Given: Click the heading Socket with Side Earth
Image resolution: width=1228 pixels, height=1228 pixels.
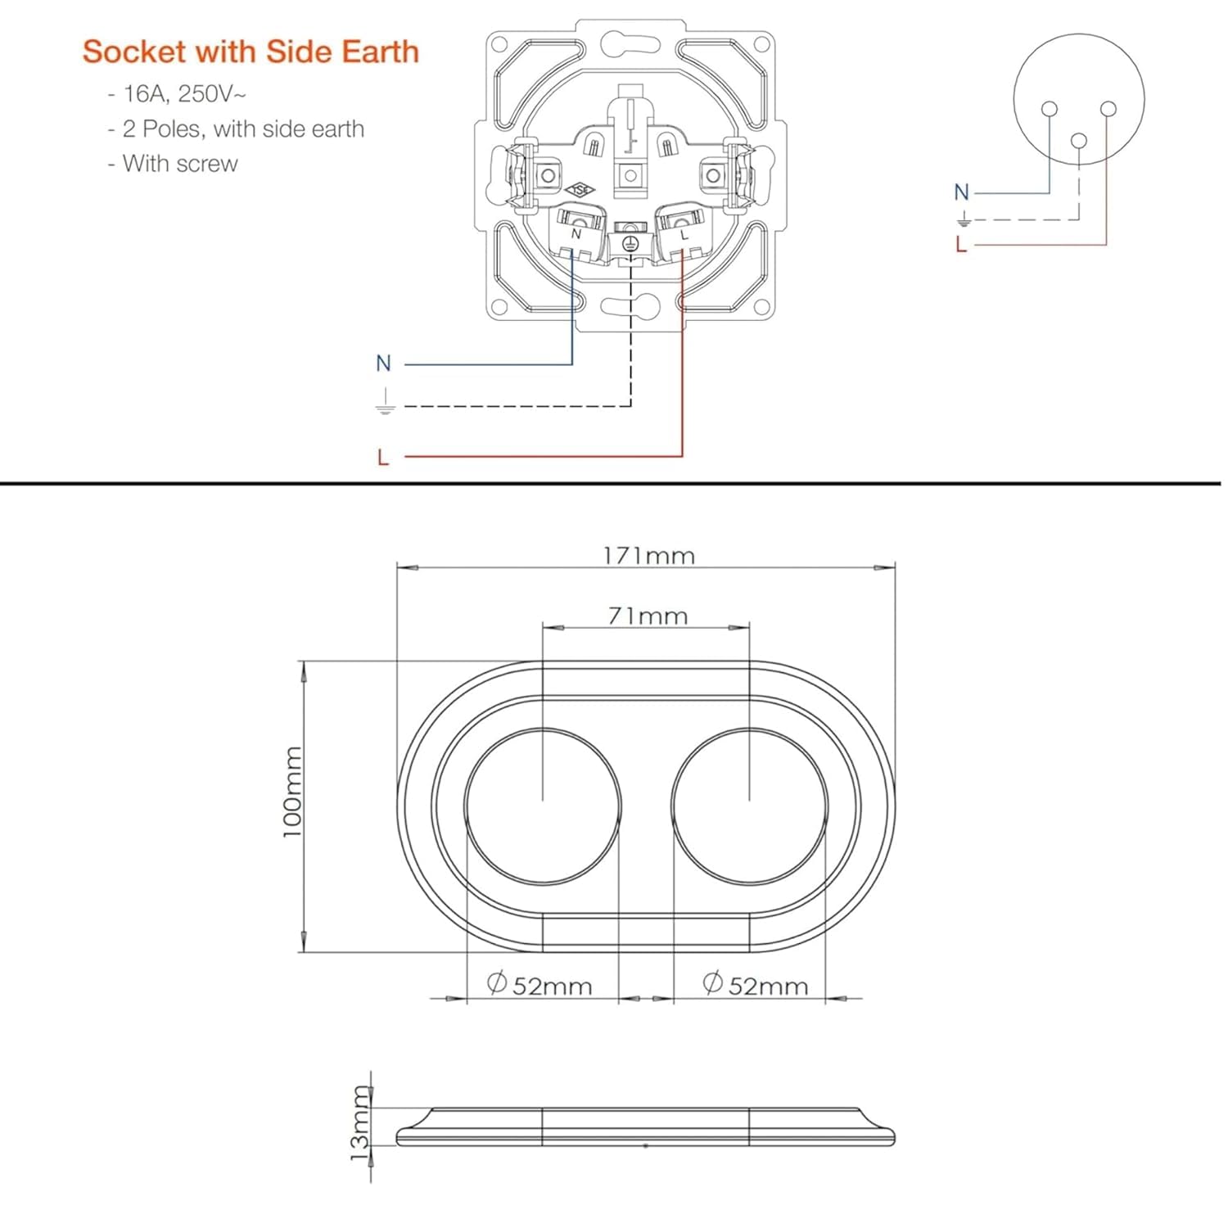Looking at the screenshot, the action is pyautogui.click(x=251, y=52).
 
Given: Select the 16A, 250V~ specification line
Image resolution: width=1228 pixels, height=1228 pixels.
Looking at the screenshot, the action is pyautogui.click(x=177, y=94).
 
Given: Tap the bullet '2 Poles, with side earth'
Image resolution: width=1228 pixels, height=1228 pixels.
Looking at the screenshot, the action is pyautogui.click(x=236, y=129).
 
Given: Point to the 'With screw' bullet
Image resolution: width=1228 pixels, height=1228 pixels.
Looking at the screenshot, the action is pyautogui.click(x=173, y=164).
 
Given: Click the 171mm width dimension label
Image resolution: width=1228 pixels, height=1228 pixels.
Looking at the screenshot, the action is pyautogui.click(x=649, y=556).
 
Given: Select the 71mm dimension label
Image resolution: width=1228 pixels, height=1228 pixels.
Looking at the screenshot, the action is pyautogui.click(x=648, y=616).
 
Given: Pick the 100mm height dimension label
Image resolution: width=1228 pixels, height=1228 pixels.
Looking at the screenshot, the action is pyautogui.click(x=292, y=792).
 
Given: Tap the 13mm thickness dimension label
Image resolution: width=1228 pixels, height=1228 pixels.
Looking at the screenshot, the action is pyautogui.click(x=361, y=1122).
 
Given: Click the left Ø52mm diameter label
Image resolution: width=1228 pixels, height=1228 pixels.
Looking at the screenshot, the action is pyautogui.click(x=540, y=984).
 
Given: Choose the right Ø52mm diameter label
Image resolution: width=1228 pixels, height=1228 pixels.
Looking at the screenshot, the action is pyautogui.click(x=756, y=984).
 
